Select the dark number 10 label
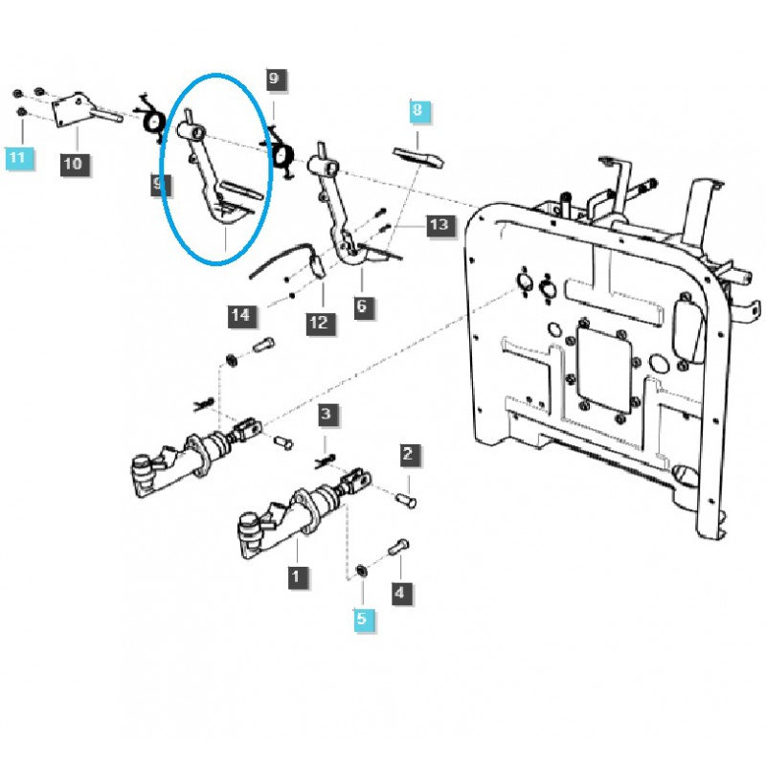[74, 164]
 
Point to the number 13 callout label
[438, 226]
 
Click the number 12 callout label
[318, 323]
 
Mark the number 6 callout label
[362, 306]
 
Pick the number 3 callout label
[327, 415]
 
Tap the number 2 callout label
[408, 453]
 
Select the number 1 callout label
[298, 576]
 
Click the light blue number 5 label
[362, 620]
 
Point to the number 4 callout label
[399, 594]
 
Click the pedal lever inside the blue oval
[213, 182]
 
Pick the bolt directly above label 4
[399, 552]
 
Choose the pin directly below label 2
[406, 498]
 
